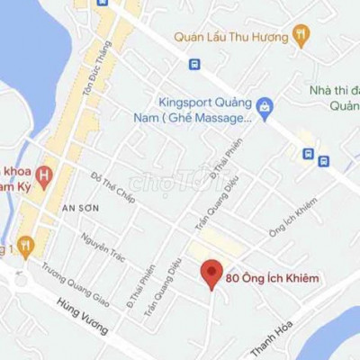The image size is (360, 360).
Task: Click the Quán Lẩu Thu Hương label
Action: click(x=231, y=37)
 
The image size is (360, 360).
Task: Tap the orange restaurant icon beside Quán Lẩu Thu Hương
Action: click(x=301, y=36)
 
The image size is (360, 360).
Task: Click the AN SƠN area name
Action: click(x=79, y=208)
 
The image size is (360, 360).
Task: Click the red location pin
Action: click(x=211, y=274)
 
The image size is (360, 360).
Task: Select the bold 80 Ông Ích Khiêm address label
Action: click(x=273, y=278)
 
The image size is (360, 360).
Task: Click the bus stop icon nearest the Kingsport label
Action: click(x=194, y=65)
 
